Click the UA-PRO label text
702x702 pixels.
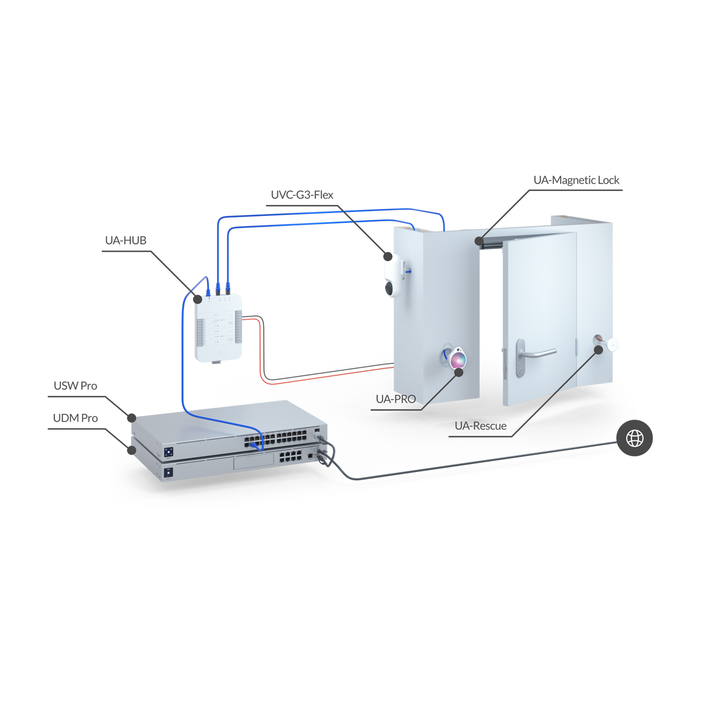tap(395, 399)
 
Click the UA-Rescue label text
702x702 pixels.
tap(480, 426)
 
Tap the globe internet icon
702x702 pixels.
tap(635, 439)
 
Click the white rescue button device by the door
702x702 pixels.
tap(611, 345)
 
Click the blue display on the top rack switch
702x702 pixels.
tap(168, 452)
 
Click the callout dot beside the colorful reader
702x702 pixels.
tap(459, 373)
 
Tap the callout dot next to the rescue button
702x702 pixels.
tap(599, 349)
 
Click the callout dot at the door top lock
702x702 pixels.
tap(479, 241)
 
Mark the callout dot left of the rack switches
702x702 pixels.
tap(132, 450)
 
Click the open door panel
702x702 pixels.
tap(538, 318)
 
